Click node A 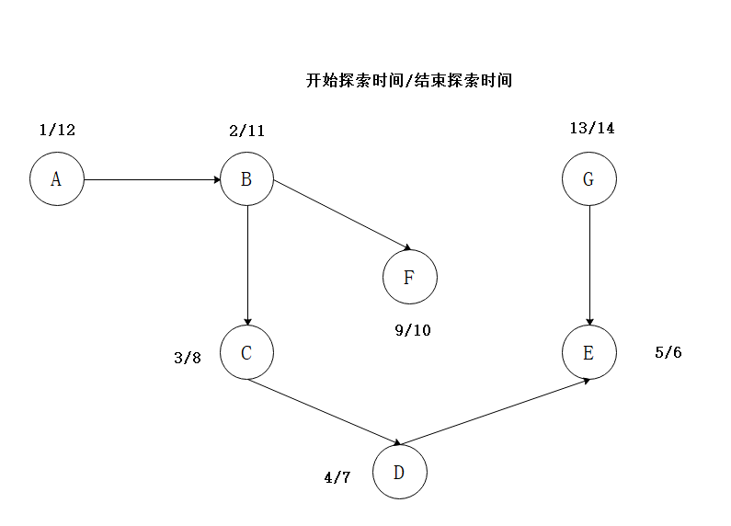coord(57,178)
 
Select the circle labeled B coord(246,178)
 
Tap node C coord(246,352)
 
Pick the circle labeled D coord(400,473)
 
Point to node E coord(589,352)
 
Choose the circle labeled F coord(410,276)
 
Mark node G coord(589,178)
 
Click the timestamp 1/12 coord(57,130)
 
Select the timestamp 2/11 coord(246,131)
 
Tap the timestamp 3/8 coord(188,358)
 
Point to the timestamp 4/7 coord(337,477)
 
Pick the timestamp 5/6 coord(668,352)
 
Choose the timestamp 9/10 coord(412,330)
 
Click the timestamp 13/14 coord(592,128)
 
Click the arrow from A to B coord(152,178)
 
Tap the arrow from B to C coord(246,265)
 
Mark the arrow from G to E coord(589,265)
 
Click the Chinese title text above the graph coord(408,80)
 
